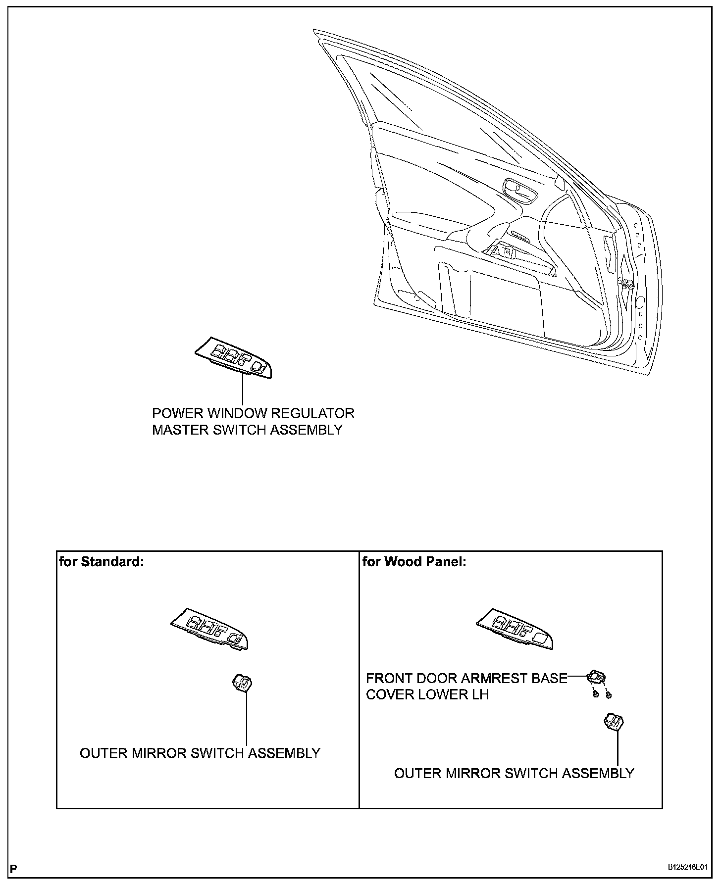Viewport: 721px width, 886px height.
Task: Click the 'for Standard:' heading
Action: tap(102, 562)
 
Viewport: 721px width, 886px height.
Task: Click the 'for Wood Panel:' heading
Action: tap(414, 562)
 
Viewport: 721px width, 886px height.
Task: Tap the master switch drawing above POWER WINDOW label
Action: tap(233, 358)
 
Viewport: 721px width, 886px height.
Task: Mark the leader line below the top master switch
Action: tap(243, 391)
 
